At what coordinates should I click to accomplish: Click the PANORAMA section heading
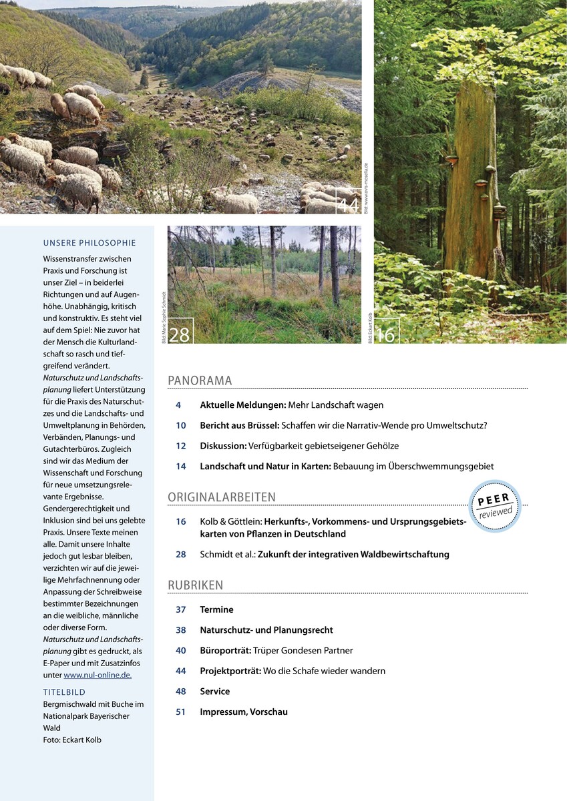[x=200, y=380]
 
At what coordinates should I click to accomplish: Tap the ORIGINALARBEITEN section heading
[x=222, y=497]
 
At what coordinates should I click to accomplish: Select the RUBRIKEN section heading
[x=195, y=585]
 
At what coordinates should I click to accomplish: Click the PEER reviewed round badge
[x=495, y=506]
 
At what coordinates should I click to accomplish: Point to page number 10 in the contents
[x=181, y=425]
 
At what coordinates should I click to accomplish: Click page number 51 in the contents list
[x=181, y=712]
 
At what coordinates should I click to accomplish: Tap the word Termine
[x=216, y=609]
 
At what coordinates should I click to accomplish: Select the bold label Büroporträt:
[x=225, y=650]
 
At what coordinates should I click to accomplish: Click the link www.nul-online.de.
[x=98, y=675]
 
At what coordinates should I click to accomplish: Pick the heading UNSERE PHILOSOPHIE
[x=89, y=243]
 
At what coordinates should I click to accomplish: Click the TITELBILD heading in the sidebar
[x=64, y=692]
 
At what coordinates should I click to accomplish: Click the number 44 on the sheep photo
[x=348, y=204]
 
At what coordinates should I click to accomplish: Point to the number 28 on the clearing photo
[x=179, y=334]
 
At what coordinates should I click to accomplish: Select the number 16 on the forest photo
[x=386, y=335]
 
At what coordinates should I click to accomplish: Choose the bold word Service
[x=214, y=692]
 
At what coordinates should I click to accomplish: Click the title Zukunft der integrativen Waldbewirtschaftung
[x=353, y=554]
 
